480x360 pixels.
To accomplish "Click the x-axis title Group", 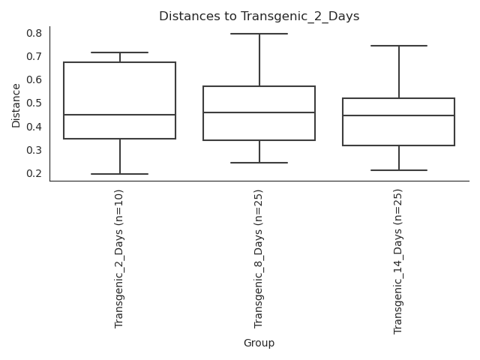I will [259, 343].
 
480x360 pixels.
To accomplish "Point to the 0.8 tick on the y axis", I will [34, 33].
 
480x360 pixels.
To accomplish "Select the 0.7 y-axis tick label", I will [34, 56].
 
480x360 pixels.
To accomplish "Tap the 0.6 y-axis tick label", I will [34, 79].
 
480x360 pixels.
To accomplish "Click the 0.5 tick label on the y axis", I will [34, 103].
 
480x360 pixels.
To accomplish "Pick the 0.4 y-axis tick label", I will [34, 127].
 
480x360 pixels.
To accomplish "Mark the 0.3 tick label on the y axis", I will [34, 150].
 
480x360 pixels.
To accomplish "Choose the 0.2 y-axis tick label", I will [34, 173].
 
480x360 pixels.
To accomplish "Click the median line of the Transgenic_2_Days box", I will [120, 115].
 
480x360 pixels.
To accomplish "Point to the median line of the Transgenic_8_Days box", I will [259, 112].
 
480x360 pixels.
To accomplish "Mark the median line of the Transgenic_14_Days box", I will [399, 115].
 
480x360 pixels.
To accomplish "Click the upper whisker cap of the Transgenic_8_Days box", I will [259, 34].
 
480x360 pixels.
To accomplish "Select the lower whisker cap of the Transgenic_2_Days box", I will [120, 174].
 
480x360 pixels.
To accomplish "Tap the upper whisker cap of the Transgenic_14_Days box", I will [399, 46].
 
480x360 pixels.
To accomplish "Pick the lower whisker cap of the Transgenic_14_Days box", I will [399, 170].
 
